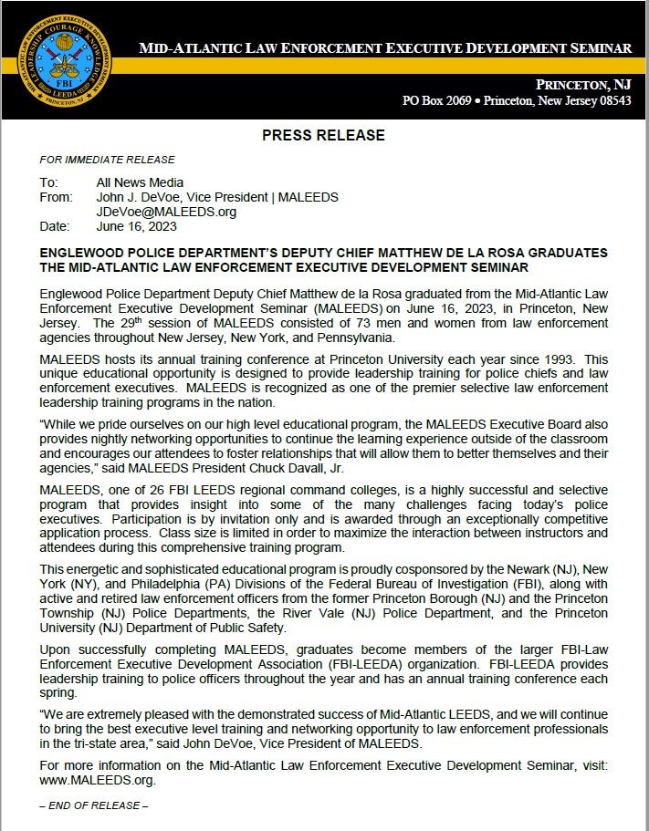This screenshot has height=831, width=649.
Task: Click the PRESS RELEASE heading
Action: coord(323,135)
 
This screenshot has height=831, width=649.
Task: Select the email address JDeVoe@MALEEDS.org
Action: coord(166,212)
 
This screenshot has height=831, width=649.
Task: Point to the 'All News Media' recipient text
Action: coord(140,182)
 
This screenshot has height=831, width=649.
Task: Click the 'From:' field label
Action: coord(57,197)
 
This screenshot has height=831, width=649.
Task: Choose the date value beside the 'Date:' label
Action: coord(136,226)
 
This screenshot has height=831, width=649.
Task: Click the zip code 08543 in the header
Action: coord(609,100)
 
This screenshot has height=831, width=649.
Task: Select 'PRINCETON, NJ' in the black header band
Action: coord(583,84)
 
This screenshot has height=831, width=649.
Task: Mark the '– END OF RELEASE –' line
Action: coord(94,805)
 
